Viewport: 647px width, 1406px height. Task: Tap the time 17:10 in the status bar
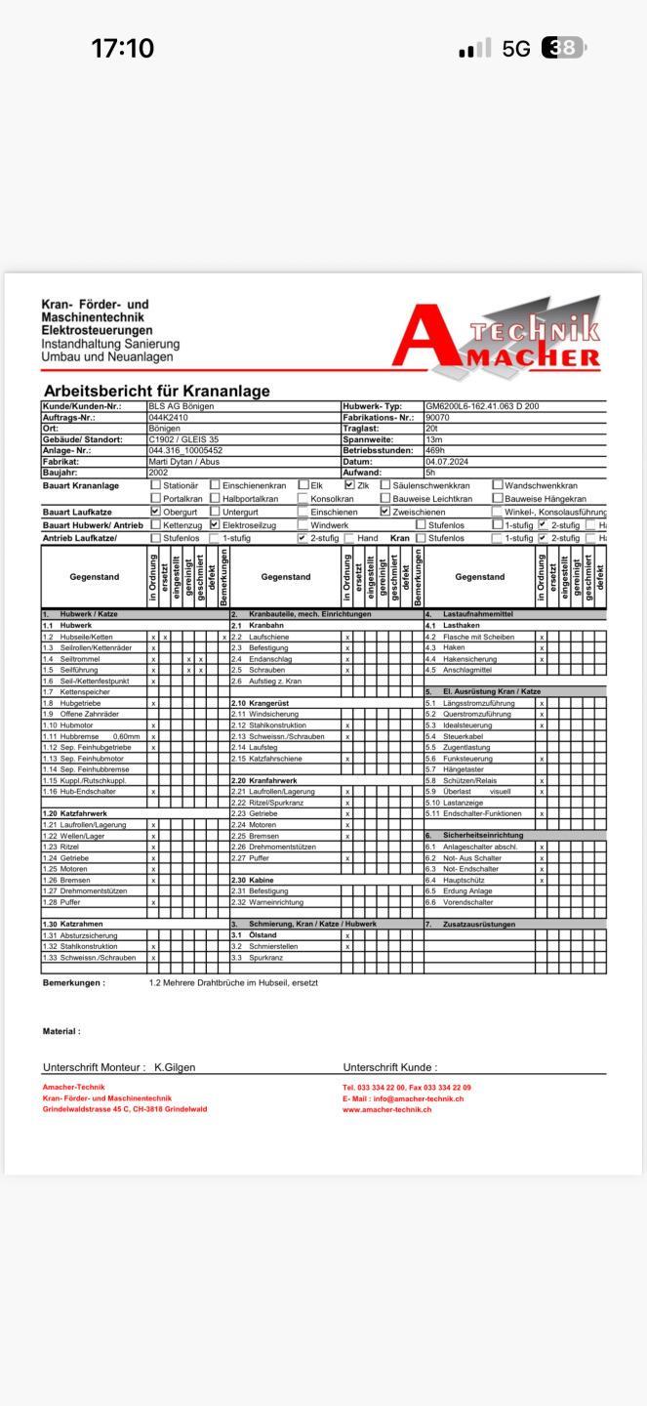(x=122, y=49)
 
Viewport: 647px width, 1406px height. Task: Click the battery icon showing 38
(x=563, y=48)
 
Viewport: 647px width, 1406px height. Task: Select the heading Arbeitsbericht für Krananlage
(x=156, y=391)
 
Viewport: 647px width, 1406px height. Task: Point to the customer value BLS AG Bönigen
(x=181, y=406)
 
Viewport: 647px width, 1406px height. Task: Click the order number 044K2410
(x=168, y=417)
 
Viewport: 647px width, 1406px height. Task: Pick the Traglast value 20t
(x=431, y=429)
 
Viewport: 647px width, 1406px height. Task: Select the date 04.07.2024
(x=445, y=462)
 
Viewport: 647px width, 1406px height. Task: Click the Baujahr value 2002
(x=158, y=473)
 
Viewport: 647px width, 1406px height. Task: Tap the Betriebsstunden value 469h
(x=434, y=451)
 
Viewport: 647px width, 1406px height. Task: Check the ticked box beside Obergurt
(x=155, y=511)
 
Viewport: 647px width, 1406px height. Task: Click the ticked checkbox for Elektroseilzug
(x=215, y=524)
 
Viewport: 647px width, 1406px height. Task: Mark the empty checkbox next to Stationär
(x=155, y=485)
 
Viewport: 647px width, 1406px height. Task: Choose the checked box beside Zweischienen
(x=384, y=511)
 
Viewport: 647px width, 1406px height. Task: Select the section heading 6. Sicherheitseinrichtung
(x=482, y=835)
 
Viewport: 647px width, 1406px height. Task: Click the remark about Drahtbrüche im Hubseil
(x=233, y=982)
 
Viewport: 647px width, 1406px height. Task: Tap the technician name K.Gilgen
(x=175, y=1067)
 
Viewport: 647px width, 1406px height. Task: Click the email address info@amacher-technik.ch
(x=419, y=1098)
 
